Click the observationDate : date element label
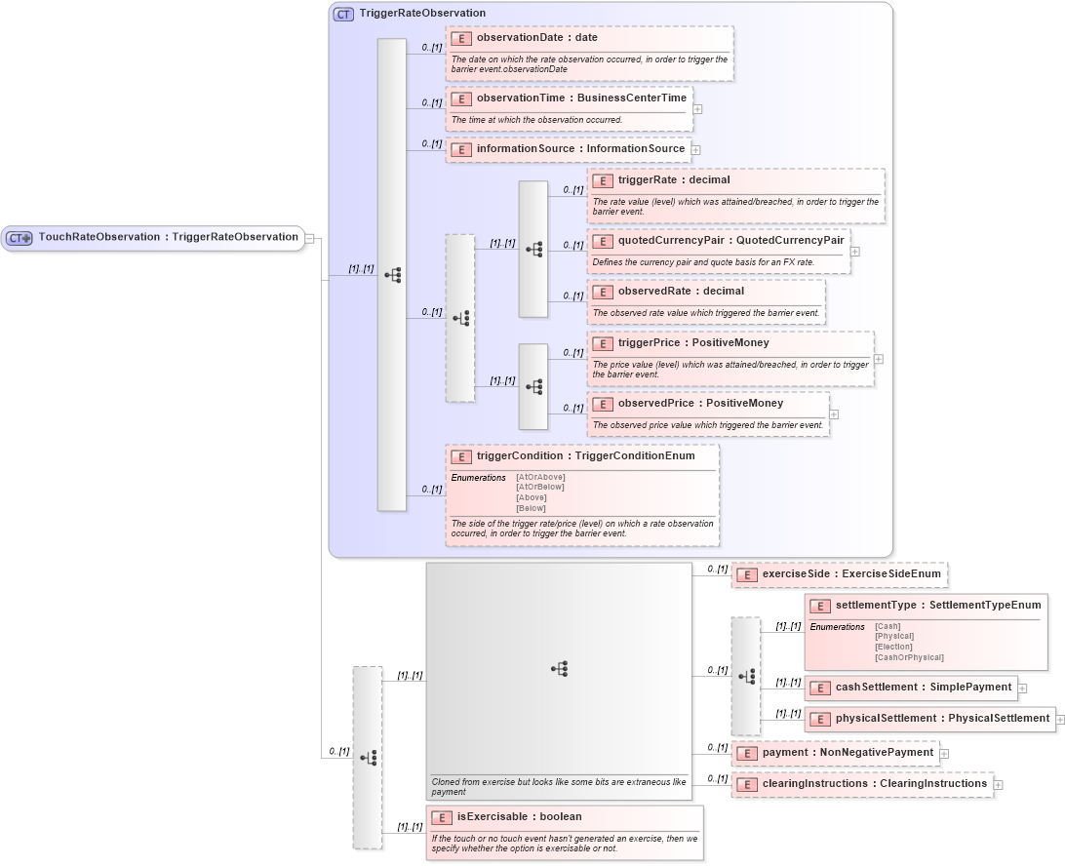tap(536, 38)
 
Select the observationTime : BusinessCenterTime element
tap(581, 98)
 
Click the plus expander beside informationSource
tap(697, 150)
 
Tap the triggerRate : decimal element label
tap(674, 180)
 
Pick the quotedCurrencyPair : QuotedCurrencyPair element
tap(730, 241)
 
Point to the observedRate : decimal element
tap(681, 292)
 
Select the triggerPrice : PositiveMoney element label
tap(693, 343)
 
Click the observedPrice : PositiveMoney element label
tap(700, 404)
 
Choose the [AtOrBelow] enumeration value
tap(540, 487)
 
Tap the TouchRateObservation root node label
tap(168, 237)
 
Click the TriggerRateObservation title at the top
tap(421, 14)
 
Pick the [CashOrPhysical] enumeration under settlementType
tap(909, 657)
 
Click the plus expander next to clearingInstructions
tap(999, 785)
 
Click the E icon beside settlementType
tap(819, 606)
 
